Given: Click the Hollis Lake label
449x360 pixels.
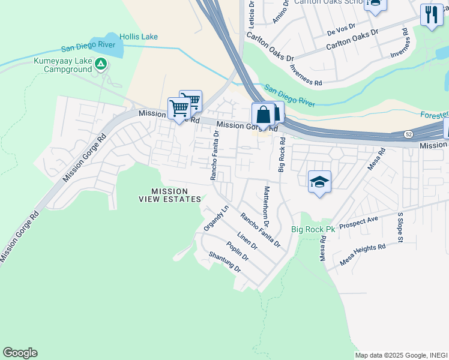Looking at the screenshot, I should click(138, 37).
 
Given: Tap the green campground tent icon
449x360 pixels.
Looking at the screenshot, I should click(101, 62).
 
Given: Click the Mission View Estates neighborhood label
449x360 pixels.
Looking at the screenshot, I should click(170, 195).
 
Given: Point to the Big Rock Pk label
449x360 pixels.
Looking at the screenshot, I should click(313, 229).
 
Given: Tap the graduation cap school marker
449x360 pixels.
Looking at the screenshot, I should click(319, 181).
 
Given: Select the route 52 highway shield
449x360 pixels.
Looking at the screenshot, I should click(409, 133).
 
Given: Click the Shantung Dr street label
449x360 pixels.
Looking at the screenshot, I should click(224, 262).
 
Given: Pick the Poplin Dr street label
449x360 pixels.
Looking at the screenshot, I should click(238, 251).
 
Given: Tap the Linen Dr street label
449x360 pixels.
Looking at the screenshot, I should click(247, 241).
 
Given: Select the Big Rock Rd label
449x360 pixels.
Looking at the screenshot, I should click(282, 155).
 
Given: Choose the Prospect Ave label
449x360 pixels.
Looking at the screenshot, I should click(358, 223).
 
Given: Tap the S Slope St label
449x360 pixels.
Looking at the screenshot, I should click(399, 228).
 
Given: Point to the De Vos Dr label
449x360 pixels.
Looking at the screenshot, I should click(342, 28).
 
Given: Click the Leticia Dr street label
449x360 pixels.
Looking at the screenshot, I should click(252, 14).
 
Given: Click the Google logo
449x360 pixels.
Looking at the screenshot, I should click(20, 353).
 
